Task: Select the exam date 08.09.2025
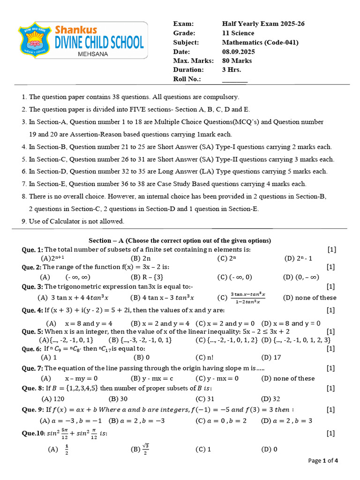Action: [x=240, y=52]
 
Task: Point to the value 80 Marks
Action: [x=237, y=60]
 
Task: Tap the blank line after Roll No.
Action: [x=234, y=79]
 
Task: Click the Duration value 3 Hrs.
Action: [x=232, y=70]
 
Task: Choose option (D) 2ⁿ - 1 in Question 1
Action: [x=298, y=258]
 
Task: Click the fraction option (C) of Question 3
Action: [x=242, y=297]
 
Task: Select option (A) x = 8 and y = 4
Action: [x=80, y=323]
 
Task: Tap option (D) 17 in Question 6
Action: [x=271, y=358]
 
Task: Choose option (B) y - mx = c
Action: [x=152, y=378]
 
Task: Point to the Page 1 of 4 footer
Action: [x=322, y=460]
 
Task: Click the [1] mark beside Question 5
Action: [x=330, y=331]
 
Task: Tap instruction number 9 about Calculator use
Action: [x=73, y=221]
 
